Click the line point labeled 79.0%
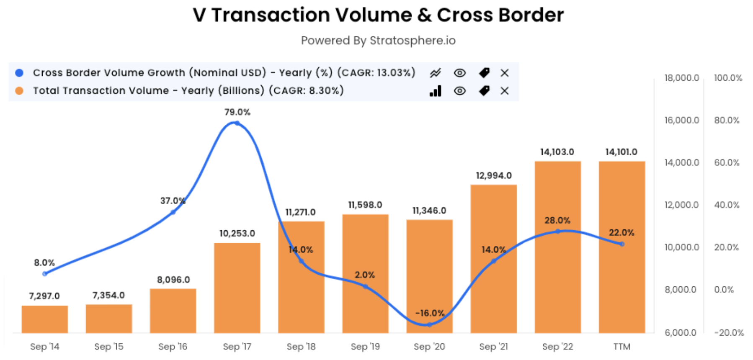point(237,123)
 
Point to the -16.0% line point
point(429,324)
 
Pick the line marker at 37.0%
point(173,212)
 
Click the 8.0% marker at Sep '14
point(45,274)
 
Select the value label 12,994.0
point(493,176)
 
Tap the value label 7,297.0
point(44,296)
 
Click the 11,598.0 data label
point(365,205)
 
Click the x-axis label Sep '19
point(365,347)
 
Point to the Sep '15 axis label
point(109,347)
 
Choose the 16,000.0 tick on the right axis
point(681,121)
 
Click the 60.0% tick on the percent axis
point(727,163)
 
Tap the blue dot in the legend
point(19,73)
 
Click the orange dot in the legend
point(19,91)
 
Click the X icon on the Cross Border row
point(505,73)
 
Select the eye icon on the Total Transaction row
point(460,91)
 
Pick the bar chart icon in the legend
point(436,91)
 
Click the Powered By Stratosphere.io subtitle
point(378,41)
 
